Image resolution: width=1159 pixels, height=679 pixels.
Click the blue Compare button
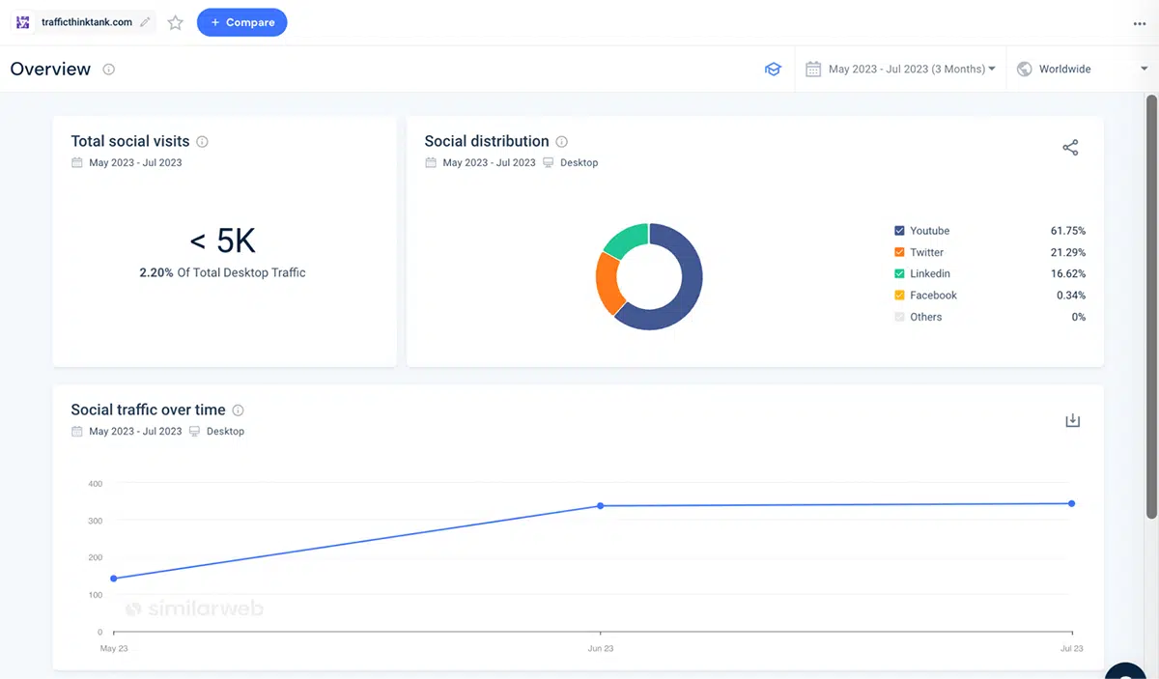coord(241,22)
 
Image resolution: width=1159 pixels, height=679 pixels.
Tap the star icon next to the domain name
coord(176,22)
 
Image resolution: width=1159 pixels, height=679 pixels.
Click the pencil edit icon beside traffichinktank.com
coord(145,22)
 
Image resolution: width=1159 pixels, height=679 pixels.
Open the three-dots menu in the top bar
coord(1140,24)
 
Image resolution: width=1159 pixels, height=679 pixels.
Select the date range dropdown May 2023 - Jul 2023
coord(900,69)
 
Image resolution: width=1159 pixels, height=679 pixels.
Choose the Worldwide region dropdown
coord(1083,69)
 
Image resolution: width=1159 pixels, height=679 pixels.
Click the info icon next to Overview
coord(108,70)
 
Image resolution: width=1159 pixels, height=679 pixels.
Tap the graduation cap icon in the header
coord(773,69)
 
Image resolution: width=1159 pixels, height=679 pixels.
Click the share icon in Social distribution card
coord(1070,148)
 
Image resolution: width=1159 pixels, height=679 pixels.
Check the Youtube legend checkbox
coord(899,231)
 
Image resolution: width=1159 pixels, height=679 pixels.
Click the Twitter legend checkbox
coord(899,252)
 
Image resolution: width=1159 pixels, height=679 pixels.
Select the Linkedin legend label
coord(930,273)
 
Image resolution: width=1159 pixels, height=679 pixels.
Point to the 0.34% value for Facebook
coord(1070,296)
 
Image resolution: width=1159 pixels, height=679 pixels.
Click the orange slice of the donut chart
coord(608,283)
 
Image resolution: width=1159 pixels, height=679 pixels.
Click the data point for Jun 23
coord(600,505)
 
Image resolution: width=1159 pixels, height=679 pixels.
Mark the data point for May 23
coord(114,579)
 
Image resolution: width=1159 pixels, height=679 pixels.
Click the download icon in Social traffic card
coord(1073,420)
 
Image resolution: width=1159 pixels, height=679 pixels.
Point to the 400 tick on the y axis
coord(96,484)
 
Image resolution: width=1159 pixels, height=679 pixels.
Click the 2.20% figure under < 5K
coord(156,272)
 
